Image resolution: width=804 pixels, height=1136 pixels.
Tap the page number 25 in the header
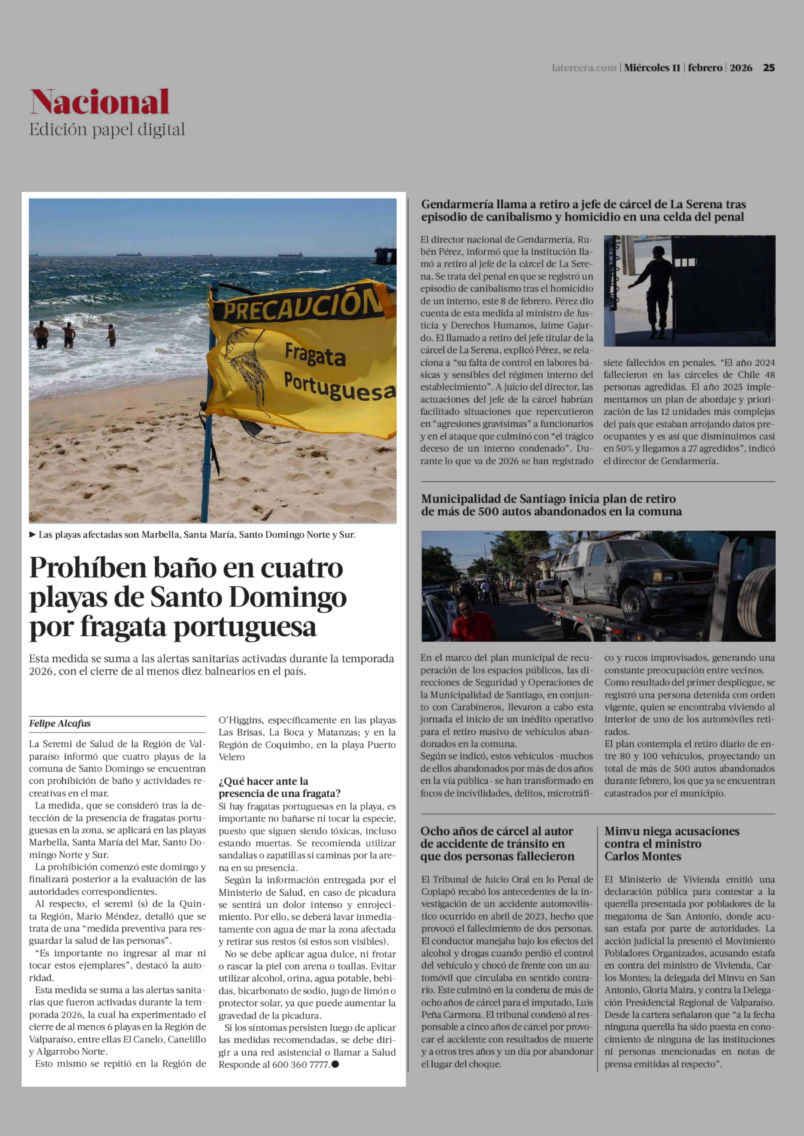(x=768, y=68)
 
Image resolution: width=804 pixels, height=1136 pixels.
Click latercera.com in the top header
(x=584, y=68)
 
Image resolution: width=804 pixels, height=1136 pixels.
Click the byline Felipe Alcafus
(x=60, y=723)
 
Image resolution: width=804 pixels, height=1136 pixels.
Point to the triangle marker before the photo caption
(x=33, y=534)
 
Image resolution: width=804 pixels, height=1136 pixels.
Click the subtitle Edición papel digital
(x=107, y=130)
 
